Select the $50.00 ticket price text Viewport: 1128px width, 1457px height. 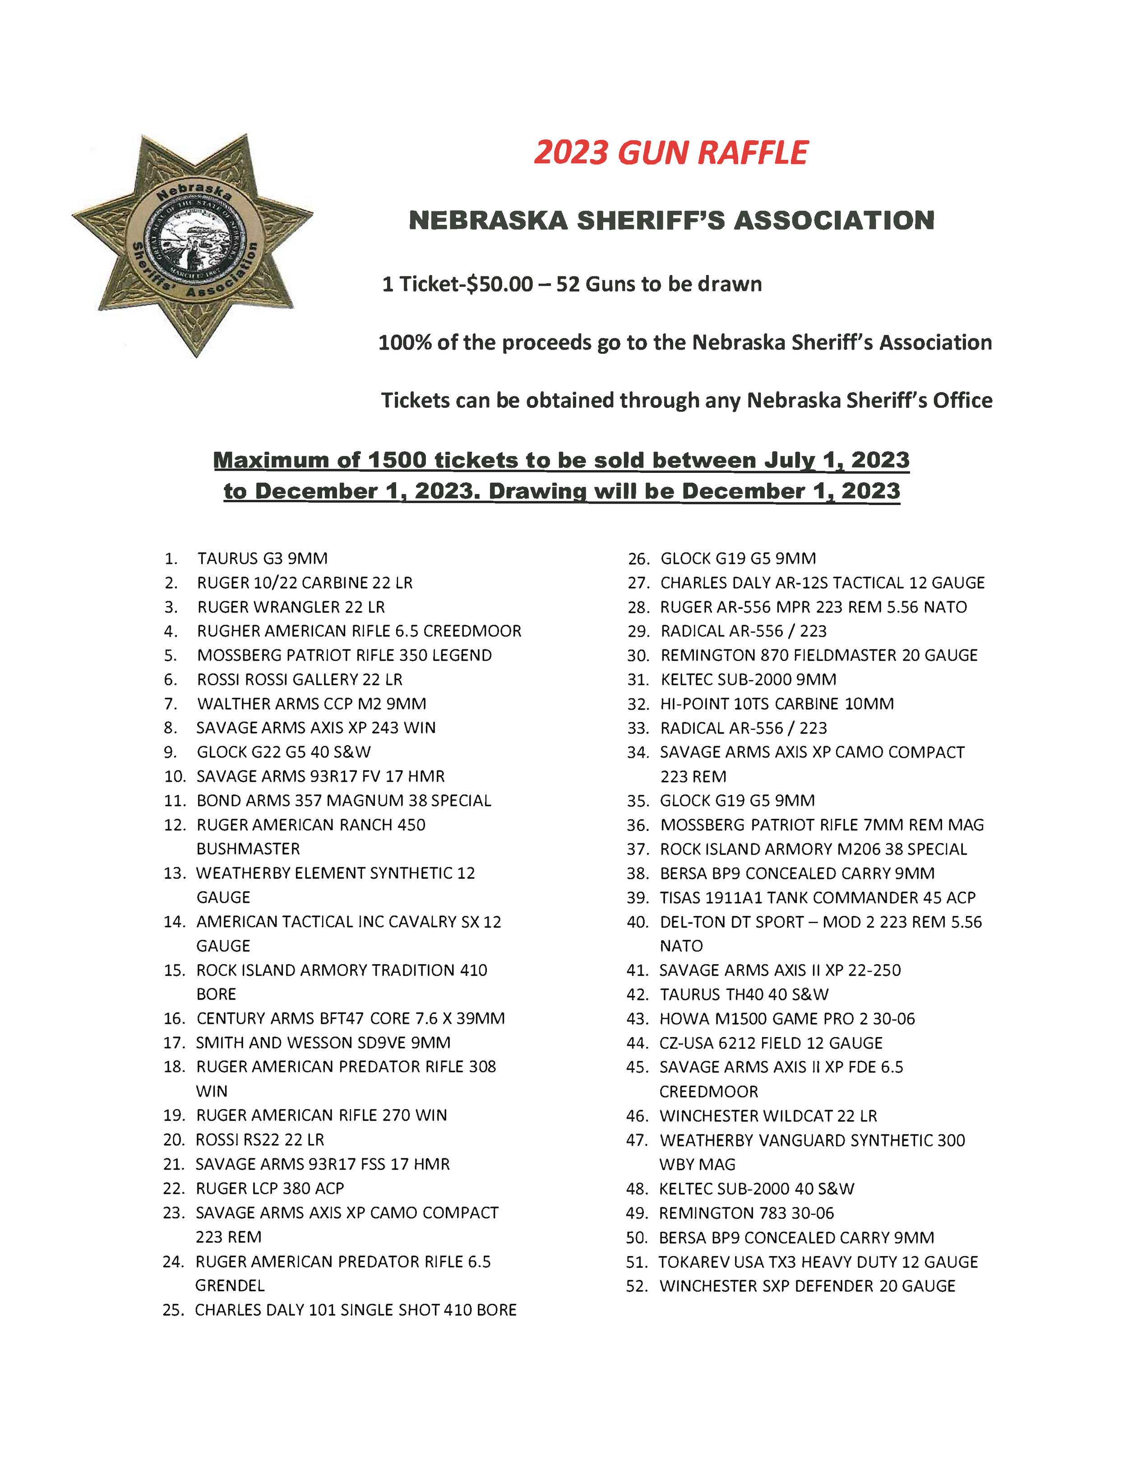coord(499,284)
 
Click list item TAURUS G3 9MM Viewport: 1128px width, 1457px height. coord(262,558)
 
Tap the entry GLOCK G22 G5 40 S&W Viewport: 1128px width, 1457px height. coord(283,752)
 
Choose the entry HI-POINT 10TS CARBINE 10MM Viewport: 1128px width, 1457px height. coord(777,704)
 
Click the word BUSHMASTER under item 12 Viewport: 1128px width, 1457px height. coord(248,849)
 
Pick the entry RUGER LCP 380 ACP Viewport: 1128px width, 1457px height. coord(269,1188)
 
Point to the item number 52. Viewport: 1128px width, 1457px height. coord(637,1286)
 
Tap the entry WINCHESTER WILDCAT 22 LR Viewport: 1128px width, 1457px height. coord(768,1116)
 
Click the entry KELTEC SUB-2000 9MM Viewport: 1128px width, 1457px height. coord(748,680)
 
